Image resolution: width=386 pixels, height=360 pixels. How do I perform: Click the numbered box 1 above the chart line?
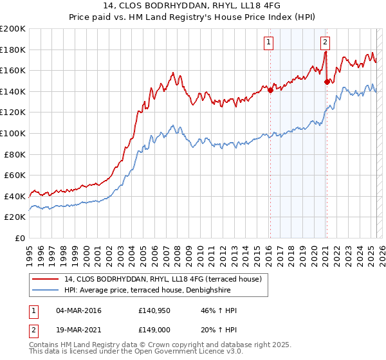click(268, 43)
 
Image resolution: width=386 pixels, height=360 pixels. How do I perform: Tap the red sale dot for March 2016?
click(270, 90)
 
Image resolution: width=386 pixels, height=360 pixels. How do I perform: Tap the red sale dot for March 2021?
click(327, 81)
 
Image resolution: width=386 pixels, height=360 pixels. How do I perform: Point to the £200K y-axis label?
click(13, 29)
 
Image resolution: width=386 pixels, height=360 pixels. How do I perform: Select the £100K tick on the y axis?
click(13, 133)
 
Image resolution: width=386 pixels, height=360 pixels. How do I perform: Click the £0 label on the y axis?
click(21, 238)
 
